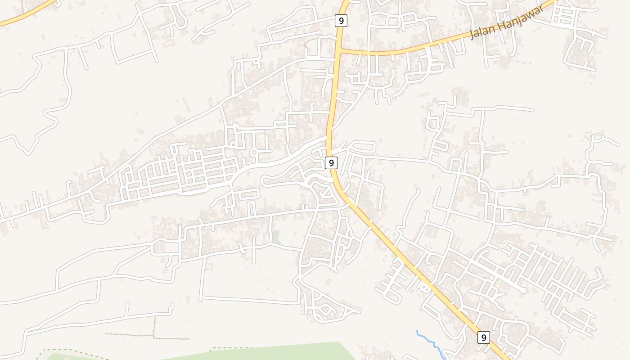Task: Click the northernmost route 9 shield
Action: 341,21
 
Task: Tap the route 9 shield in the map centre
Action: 331,163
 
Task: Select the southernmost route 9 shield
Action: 483,337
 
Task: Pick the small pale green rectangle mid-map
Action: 275,237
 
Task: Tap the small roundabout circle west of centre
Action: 253,153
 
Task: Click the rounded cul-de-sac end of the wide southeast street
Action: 523,291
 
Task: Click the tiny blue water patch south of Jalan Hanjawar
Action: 454,67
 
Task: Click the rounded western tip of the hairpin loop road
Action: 264,181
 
